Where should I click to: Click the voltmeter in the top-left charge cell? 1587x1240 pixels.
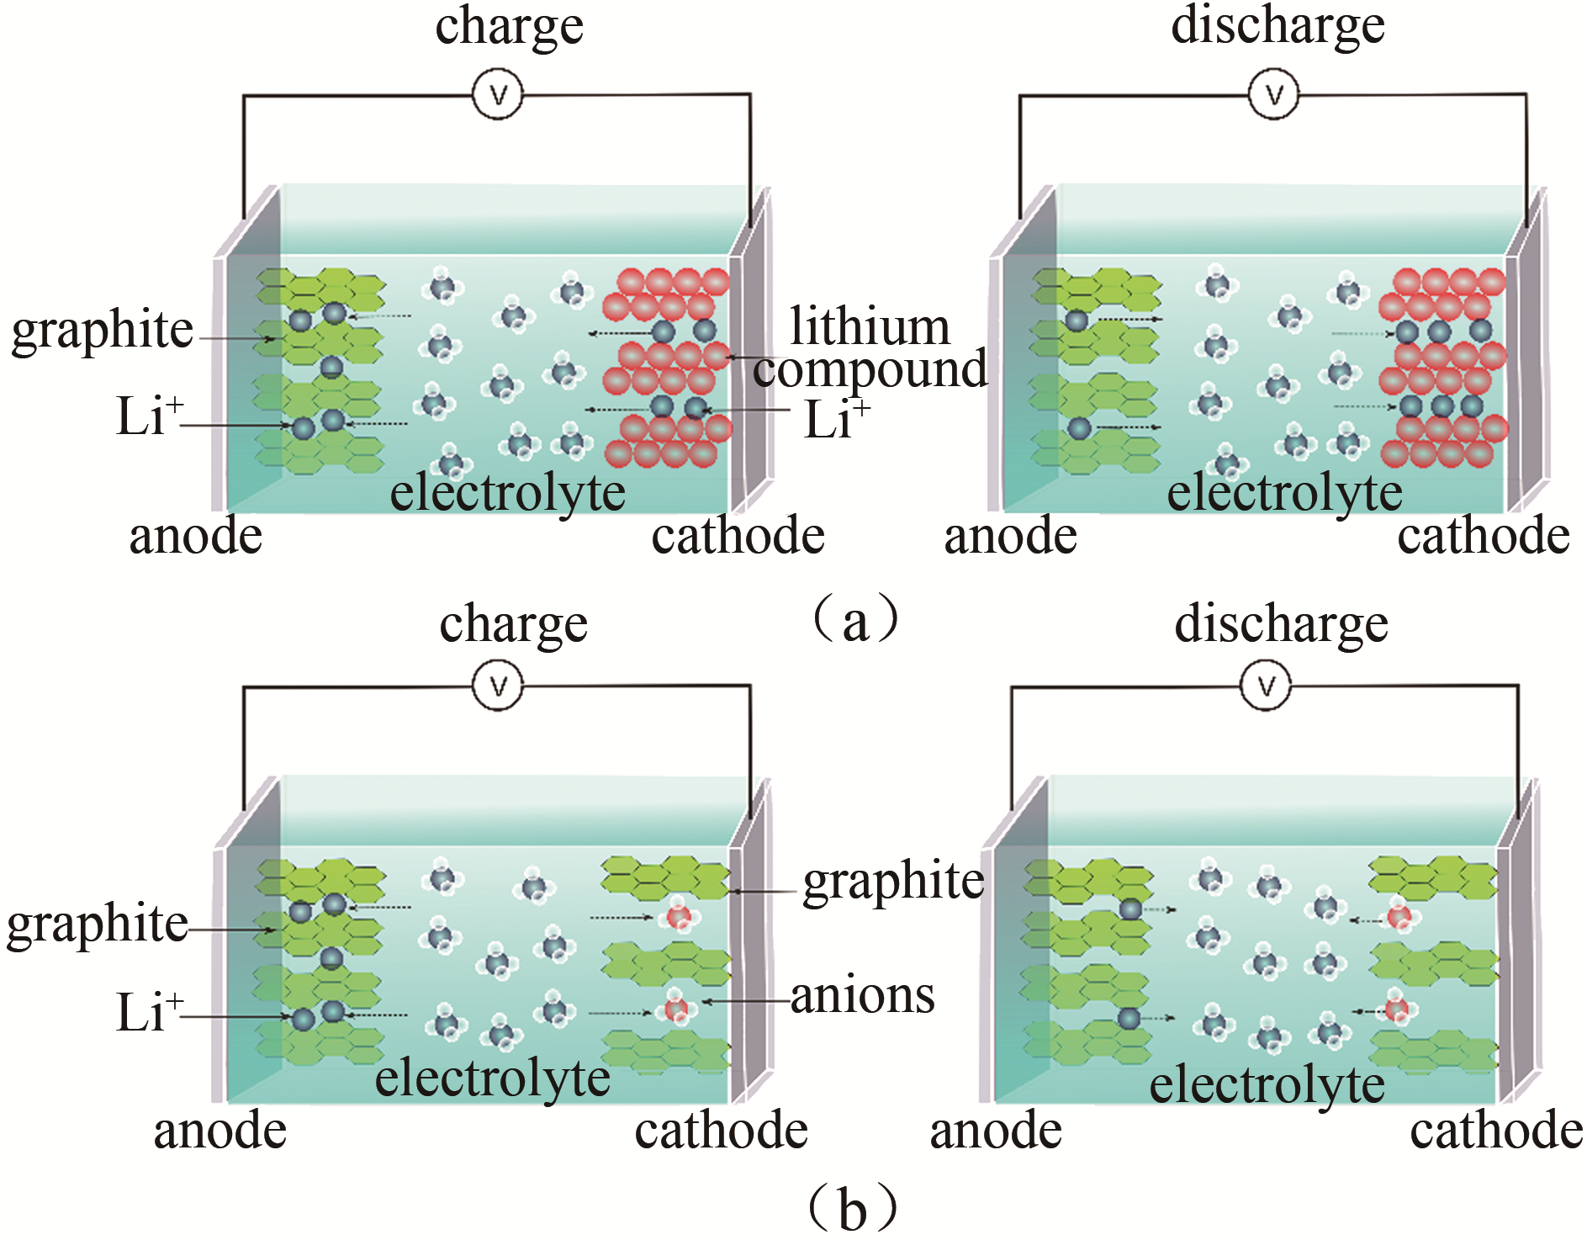(498, 94)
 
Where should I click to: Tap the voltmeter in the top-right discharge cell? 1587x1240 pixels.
(1273, 93)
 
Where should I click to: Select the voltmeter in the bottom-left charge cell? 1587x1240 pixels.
(498, 686)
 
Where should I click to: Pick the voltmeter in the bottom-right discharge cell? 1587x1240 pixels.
(1266, 686)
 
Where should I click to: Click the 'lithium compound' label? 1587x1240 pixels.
(870, 348)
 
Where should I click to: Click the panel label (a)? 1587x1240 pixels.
(854, 621)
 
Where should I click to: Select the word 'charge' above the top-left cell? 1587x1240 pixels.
(509, 28)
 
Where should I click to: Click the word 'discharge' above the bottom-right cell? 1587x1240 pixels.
(1281, 624)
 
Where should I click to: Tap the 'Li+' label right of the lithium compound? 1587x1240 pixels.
(836, 418)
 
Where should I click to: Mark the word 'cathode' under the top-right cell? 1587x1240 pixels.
(1484, 535)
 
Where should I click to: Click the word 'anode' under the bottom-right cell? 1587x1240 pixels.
(996, 1131)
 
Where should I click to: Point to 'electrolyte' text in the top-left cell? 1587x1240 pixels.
(507, 491)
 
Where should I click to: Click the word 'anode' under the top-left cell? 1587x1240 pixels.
(195, 536)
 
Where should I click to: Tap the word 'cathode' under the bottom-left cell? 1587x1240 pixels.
(721, 1131)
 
